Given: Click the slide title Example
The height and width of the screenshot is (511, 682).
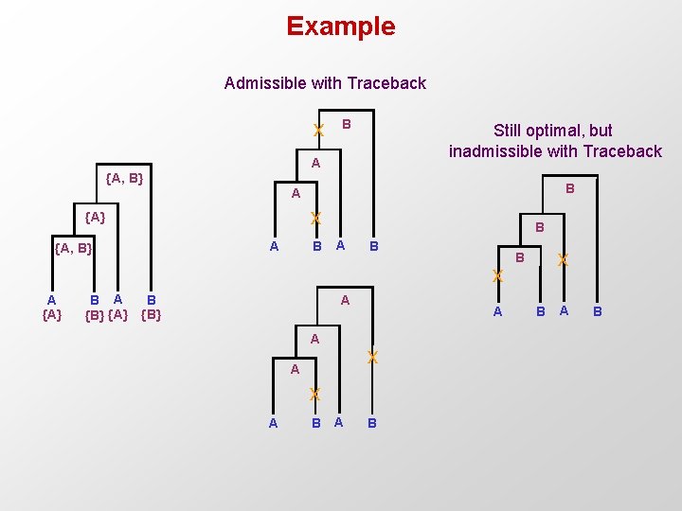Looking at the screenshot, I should [341, 26].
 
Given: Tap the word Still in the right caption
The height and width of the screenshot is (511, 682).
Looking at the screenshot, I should [513, 131].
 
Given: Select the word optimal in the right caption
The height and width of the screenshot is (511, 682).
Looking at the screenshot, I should [565, 131].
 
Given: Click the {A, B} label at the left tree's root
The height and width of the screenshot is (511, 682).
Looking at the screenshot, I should [124, 177].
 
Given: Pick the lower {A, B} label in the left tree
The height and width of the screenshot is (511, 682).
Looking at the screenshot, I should [73, 249].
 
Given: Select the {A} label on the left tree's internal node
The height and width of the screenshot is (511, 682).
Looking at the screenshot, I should [95, 218].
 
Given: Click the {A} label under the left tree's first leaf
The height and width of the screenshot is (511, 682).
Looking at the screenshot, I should [52, 315].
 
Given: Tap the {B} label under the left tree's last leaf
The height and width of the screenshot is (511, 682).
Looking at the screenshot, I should [151, 315].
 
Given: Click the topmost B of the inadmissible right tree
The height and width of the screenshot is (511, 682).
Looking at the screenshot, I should [569, 189].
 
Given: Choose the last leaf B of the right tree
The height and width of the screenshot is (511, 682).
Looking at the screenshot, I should [597, 311].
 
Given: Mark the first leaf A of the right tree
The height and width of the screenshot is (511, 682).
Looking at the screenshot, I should [498, 311].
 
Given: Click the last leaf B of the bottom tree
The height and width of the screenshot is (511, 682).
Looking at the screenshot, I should [371, 423].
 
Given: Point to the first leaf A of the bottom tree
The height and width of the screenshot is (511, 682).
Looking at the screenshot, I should [273, 423].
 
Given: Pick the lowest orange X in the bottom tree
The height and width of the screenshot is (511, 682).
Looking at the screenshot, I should [315, 395].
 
